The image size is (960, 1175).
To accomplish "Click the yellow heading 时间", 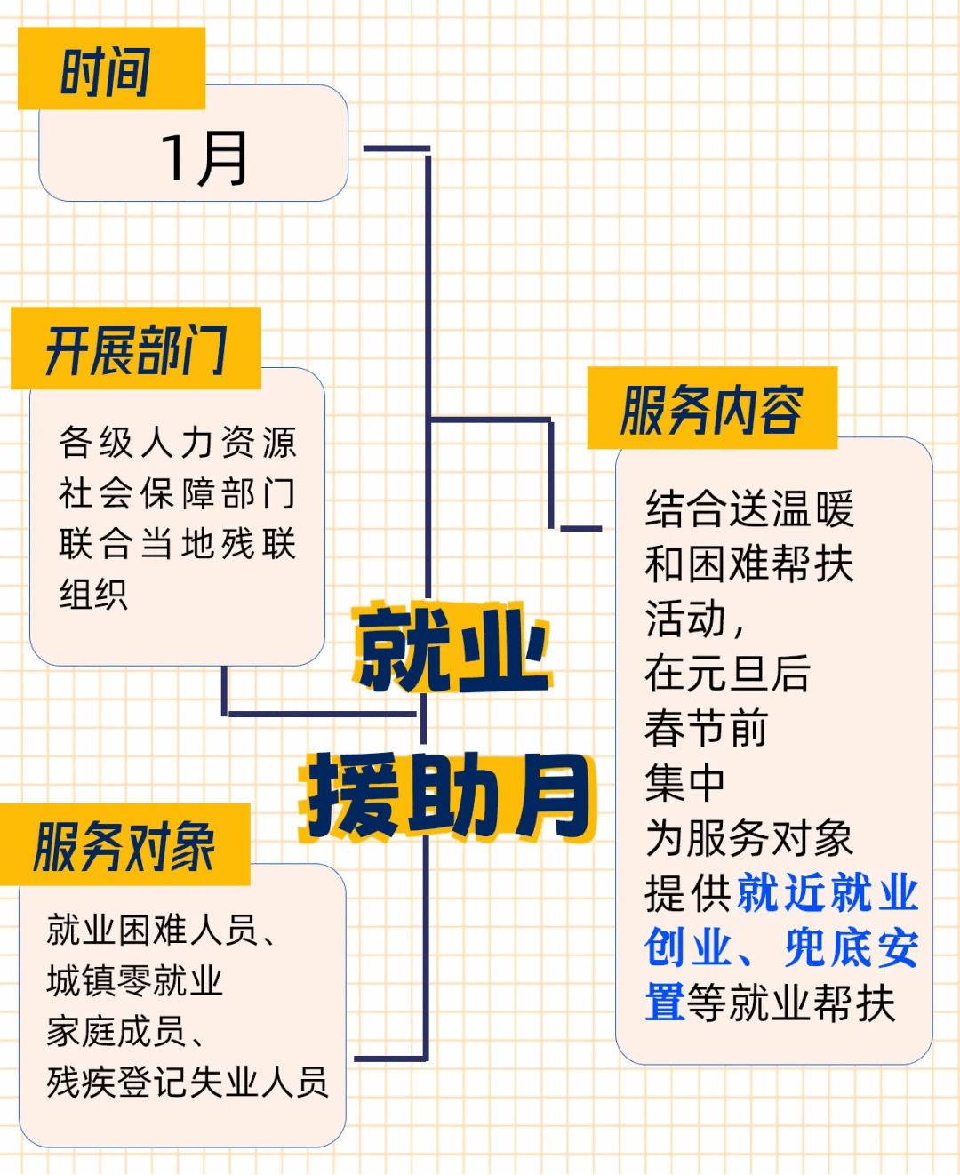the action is coord(105,71).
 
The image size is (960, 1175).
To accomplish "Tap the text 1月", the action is coord(204,159).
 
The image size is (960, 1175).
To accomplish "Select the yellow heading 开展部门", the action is coord(136,350).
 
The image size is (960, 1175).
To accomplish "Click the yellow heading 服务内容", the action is coord(712,410).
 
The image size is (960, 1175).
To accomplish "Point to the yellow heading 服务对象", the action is coord(124,847).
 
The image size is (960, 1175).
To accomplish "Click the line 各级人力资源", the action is coord(178,443).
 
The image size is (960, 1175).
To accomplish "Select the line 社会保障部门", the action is coord(178,493).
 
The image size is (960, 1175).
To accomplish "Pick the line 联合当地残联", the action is coord(178,544).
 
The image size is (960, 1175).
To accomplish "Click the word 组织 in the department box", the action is coord(93,595).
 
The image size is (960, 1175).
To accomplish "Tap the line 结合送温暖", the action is coord(749,508).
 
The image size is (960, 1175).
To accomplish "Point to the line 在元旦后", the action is coord(728,674).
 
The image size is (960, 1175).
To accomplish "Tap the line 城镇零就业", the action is coord(135,981).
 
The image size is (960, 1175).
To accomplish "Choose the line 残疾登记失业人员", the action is coord(188,1083).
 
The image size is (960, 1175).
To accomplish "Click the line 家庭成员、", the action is coord(126,1032).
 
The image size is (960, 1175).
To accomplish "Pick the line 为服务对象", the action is coord(749,838).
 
